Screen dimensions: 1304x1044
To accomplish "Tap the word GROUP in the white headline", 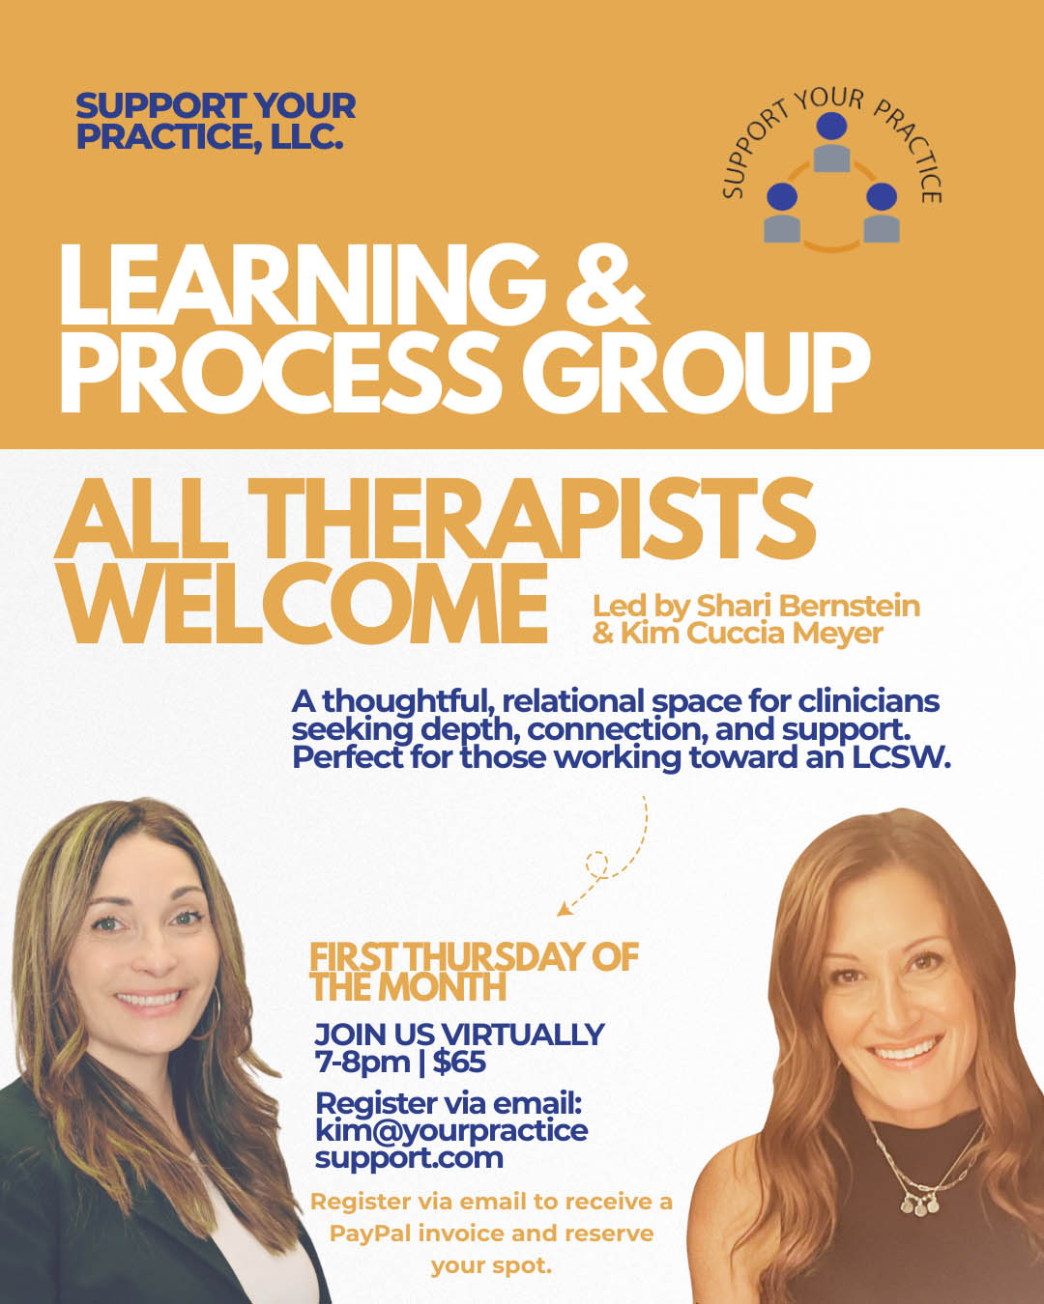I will [x=703, y=373].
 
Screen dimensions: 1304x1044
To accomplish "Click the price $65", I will [x=459, y=1063].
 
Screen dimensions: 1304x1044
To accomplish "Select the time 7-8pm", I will [x=362, y=1063].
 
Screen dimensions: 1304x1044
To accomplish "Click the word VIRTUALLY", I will [x=522, y=1035].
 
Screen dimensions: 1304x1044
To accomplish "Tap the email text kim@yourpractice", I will [x=451, y=1130].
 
